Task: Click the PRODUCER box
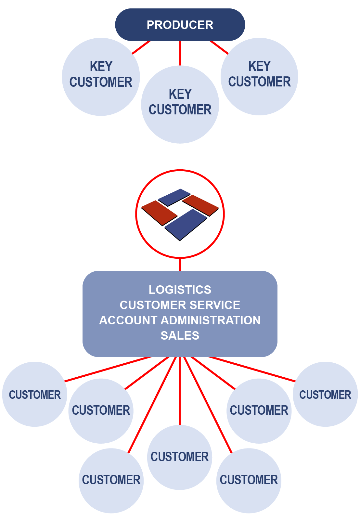(180, 25)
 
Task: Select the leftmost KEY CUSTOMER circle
(101, 77)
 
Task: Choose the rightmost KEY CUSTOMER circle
(259, 76)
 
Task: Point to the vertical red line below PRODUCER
(180, 53)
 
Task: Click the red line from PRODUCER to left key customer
(141, 47)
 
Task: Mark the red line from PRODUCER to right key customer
(219, 47)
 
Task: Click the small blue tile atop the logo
(174, 197)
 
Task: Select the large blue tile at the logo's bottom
(186, 224)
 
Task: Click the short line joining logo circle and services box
(180, 265)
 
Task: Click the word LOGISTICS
(180, 290)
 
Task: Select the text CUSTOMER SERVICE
(180, 305)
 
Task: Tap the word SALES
(180, 335)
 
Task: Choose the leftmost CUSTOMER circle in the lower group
(34, 394)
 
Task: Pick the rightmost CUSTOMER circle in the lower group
(325, 394)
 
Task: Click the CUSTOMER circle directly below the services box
(180, 457)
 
